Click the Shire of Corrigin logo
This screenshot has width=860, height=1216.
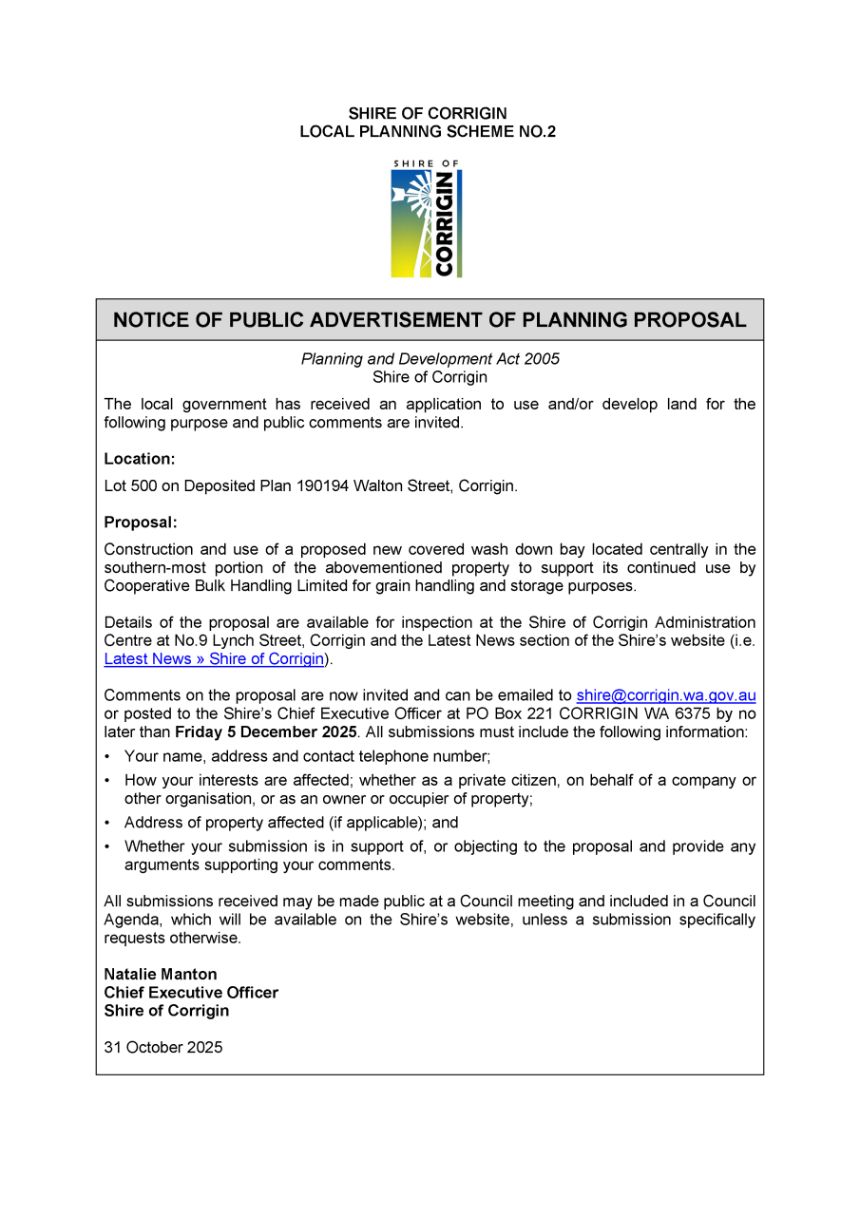coord(427,218)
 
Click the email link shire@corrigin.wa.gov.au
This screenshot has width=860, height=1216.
coord(665,695)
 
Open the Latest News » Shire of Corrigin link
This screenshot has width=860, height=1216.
coord(214,659)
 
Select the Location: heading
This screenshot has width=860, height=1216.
coord(140,459)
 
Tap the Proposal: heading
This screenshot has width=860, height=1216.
coord(141,522)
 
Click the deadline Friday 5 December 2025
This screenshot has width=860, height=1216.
coord(266,732)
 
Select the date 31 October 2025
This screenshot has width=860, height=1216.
coord(163,1048)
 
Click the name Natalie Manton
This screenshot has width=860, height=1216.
coord(161,975)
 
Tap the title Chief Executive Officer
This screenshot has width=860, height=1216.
coord(191,993)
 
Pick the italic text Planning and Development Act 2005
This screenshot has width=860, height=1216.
coord(430,359)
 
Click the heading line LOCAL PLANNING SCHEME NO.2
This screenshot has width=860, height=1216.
coord(428,132)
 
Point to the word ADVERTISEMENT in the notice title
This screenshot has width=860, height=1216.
coord(400,320)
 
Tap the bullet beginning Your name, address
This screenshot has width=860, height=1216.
coord(307,757)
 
